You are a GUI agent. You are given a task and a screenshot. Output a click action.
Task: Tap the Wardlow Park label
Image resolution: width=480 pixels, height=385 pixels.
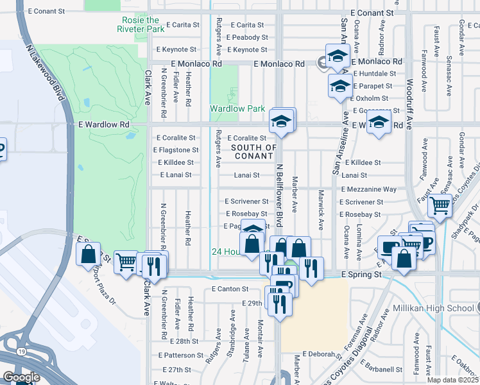tap(237, 108)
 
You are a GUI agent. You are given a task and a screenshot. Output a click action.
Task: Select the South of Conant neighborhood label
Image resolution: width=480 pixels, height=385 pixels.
tap(253, 152)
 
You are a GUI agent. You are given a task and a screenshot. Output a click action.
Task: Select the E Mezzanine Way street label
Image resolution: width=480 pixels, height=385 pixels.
tap(369, 189)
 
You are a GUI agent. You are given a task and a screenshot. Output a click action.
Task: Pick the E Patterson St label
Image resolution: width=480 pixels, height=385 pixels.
tap(182, 355)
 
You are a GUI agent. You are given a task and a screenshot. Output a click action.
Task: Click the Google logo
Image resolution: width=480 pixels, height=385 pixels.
tap(21, 377)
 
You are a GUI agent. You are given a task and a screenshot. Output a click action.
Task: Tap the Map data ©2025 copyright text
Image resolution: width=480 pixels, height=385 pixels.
tap(453, 380)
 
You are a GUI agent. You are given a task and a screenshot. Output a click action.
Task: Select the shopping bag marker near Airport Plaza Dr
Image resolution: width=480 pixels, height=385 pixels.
tap(89, 253)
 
